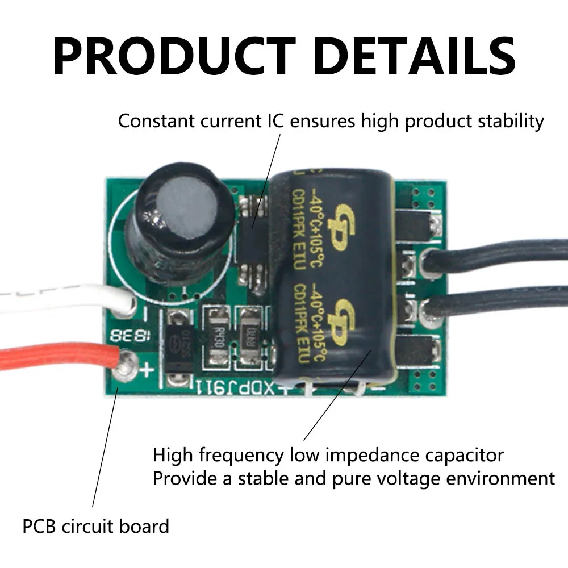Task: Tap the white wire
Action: pos(57,298)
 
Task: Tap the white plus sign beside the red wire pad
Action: pos(147,370)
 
